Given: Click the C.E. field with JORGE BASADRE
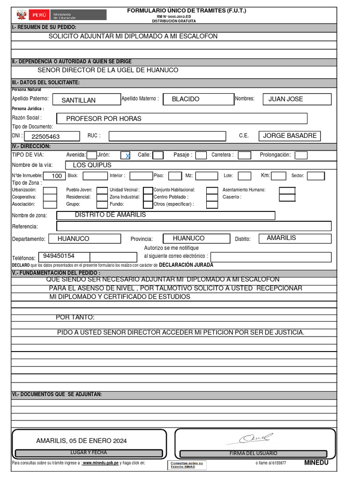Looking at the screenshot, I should (x=290, y=136).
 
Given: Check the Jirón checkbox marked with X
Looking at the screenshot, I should (x=126, y=155).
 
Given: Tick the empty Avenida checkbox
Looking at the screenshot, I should (x=92, y=155).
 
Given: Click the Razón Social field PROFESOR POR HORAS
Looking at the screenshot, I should (x=181, y=119).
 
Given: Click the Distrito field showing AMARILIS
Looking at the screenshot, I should (x=295, y=238).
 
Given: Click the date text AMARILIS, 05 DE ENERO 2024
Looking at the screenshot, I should (x=81, y=441).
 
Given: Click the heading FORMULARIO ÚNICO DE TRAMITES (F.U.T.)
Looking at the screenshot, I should (x=187, y=10).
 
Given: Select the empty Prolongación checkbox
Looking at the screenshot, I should (x=301, y=155).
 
